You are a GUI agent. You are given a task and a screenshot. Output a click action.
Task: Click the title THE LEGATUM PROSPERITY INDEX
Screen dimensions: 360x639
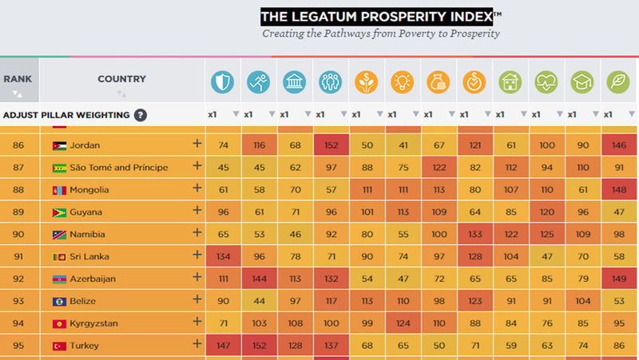coord(382,17)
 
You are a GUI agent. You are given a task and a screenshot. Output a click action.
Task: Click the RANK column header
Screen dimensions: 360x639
coord(18,79)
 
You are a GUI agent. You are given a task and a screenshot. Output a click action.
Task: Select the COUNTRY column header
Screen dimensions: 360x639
coord(121,79)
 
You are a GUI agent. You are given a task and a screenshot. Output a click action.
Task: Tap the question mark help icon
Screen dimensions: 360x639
coord(141,115)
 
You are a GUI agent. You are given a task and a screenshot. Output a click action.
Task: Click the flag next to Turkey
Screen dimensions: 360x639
coord(60,346)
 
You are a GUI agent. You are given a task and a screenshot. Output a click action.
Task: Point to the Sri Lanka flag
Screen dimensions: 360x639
coord(60,256)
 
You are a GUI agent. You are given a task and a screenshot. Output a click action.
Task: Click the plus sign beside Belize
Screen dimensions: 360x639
coord(196,299)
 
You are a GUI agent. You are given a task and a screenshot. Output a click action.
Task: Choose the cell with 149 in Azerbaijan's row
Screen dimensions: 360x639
coord(618,279)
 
